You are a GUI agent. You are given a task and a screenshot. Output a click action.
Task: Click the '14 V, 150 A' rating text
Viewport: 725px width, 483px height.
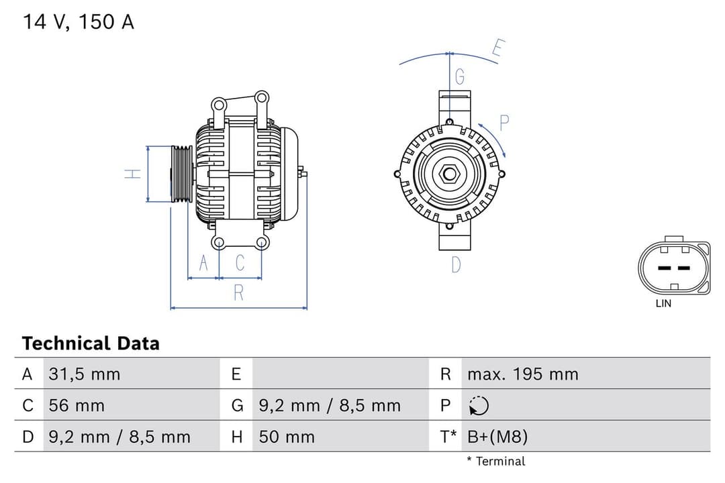coord(79,22)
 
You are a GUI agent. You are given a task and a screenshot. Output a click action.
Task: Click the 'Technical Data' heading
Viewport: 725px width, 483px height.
coord(91,343)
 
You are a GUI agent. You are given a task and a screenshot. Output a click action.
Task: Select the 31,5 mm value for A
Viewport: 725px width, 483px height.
coord(85,374)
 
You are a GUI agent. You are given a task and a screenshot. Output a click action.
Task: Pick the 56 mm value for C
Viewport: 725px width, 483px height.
coord(77,406)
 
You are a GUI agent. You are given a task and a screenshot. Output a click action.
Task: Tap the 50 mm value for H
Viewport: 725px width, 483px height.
coord(287,437)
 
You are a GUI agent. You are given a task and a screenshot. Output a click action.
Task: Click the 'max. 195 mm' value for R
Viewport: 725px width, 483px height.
coord(522,374)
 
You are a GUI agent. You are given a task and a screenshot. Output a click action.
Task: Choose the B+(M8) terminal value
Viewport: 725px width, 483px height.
coord(497,437)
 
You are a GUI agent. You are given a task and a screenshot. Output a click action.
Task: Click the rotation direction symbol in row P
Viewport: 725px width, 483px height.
coord(479,406)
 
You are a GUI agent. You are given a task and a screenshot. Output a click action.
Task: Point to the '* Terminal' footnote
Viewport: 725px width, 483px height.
coord(496,461)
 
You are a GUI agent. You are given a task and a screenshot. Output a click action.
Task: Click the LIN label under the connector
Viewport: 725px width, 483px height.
coord(663,303)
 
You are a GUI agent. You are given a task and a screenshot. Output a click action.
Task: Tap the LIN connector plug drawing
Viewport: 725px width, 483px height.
coord(673,266)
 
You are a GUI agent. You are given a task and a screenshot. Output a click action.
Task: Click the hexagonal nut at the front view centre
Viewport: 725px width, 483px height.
coord(448,174)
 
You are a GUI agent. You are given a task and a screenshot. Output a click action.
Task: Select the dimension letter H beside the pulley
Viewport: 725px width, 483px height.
coord(134,174)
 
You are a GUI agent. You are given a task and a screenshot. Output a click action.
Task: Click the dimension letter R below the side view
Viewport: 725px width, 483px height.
coord(238,292)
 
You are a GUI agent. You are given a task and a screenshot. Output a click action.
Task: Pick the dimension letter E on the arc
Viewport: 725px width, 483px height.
coord(497,48)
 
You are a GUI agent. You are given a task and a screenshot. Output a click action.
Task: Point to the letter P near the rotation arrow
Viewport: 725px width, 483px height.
coord(504,122)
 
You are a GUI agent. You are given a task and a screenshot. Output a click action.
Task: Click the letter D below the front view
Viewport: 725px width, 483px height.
coord(456,265)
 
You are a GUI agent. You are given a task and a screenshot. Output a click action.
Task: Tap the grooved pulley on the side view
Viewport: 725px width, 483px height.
coord(181,174)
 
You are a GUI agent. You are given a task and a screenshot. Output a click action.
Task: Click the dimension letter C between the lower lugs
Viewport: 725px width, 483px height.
coord(240,263)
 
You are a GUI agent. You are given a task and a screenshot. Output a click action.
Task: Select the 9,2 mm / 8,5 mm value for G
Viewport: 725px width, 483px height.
coord(330,406)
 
